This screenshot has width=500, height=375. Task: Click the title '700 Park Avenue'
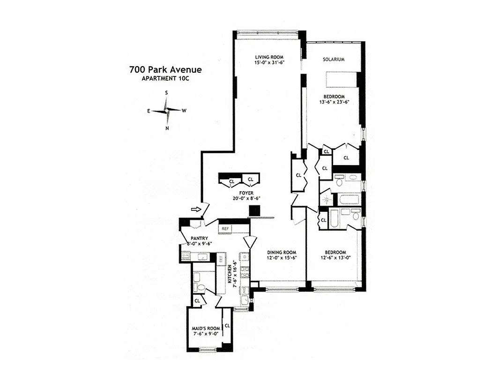point(165,70)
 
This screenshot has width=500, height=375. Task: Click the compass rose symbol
point(166,110)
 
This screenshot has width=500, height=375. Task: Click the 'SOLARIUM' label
point(334,60)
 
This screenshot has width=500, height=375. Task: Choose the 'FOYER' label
point(246,193)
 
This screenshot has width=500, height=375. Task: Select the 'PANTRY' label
point(199,238)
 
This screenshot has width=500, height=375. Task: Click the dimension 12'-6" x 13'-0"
point(336,257)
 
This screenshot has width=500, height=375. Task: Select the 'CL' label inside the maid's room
point(227,325)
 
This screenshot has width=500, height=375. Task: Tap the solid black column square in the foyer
point(254,211)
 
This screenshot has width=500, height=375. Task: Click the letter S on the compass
point(166,93)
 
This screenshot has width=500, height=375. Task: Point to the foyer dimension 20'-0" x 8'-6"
point(246,198)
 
